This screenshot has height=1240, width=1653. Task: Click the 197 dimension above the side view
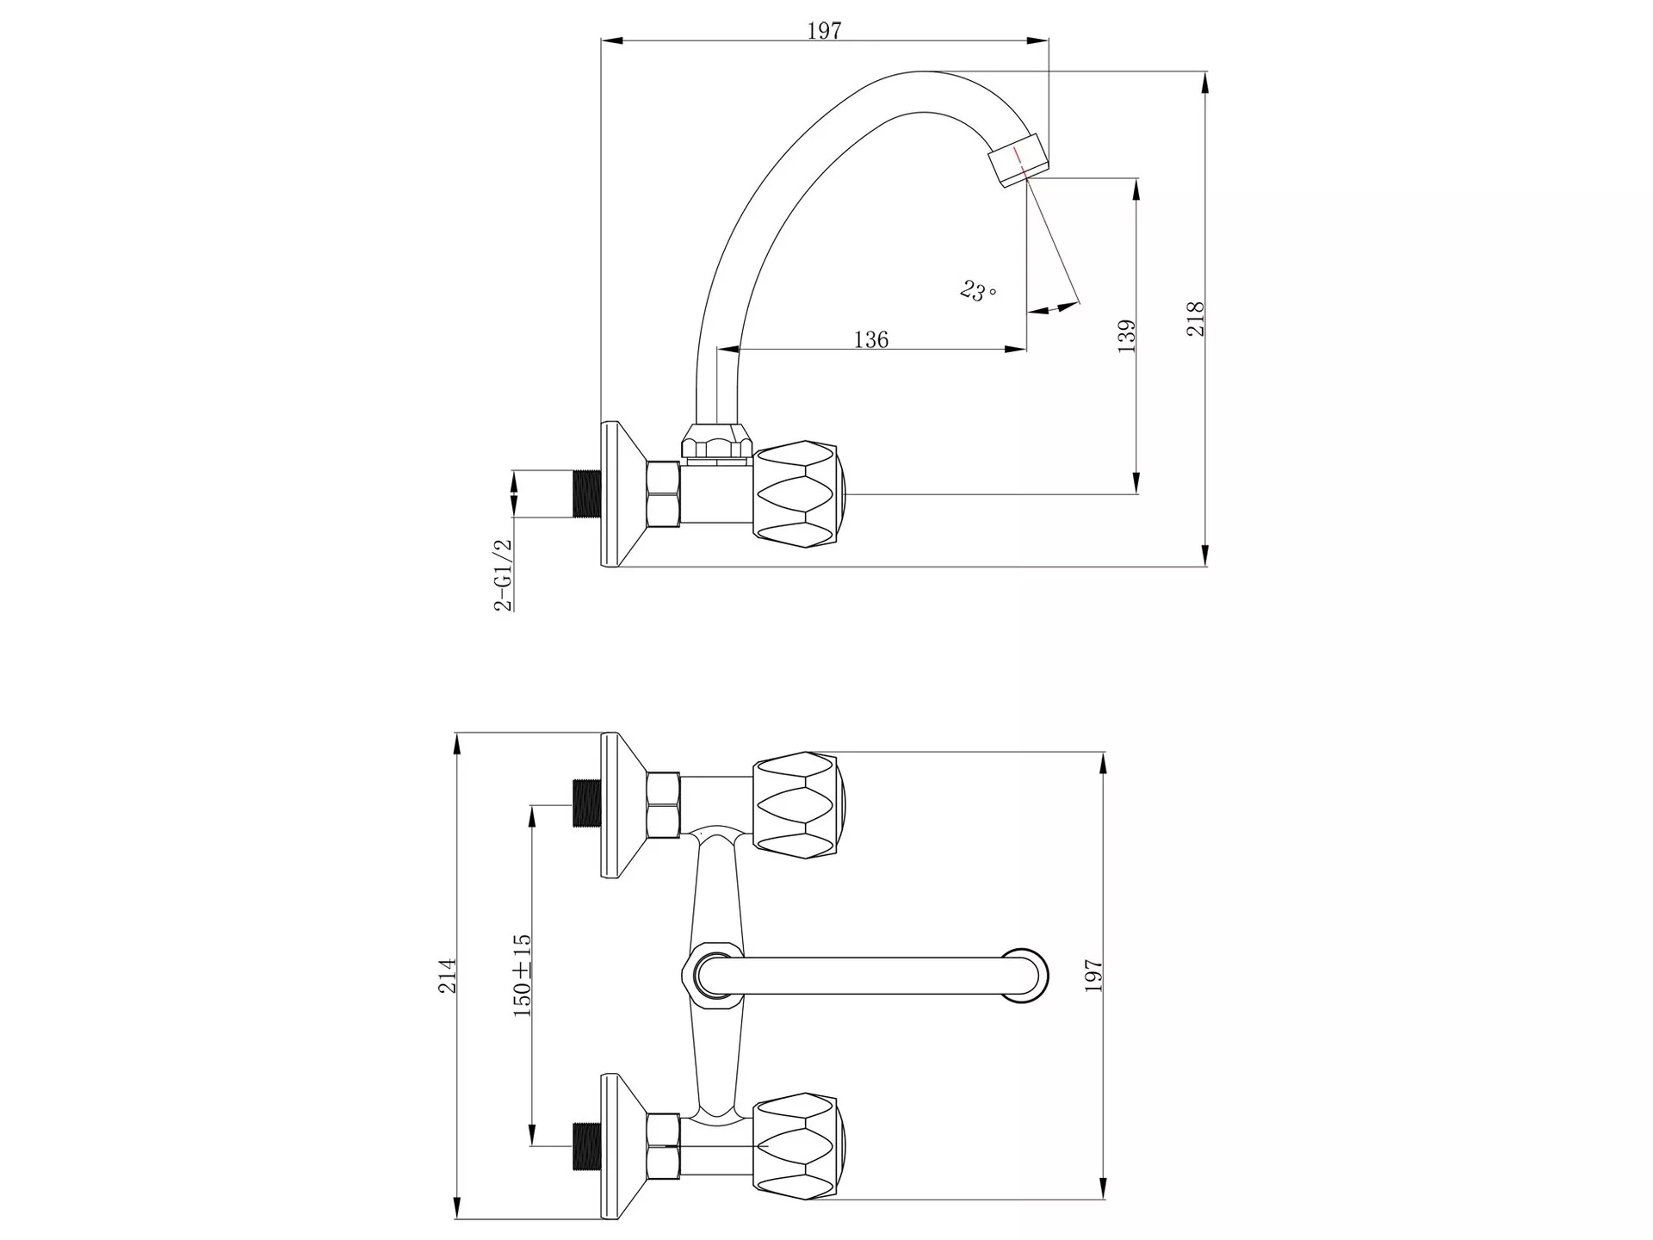(x=824, y=30)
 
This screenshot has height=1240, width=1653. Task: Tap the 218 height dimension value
(x=1196, y=319)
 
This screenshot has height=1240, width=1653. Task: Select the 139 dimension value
(x=1127, y=336)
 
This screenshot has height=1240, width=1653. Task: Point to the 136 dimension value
(x=871, y=339)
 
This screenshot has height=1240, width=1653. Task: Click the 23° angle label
(x=978, y=291)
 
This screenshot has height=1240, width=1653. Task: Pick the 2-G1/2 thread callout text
(x=503, y=574)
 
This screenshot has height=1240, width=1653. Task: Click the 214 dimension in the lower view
(x=448, y=976)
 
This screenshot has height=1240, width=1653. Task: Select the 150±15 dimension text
(x=522, y=976)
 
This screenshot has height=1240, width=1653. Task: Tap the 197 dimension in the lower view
(x=1093, y=976)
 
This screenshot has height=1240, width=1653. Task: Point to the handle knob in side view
(x=800, y=495)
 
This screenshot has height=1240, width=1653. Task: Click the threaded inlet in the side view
(x=587, y=494)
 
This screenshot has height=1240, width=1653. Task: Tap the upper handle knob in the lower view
(x=800, y=805)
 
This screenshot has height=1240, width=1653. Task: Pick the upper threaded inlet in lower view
(x=587, y=803)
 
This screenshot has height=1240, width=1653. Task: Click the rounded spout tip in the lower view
(x=1026, y=976)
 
